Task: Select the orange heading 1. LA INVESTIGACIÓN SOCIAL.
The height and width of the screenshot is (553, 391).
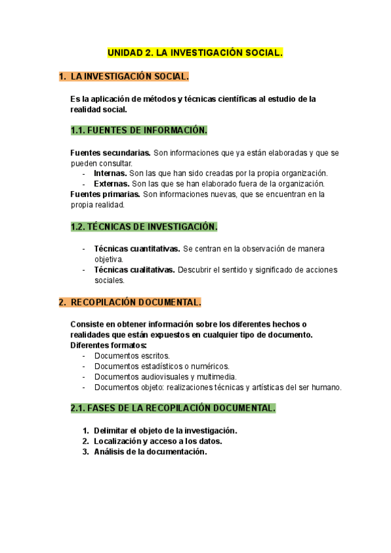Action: coord(124,77)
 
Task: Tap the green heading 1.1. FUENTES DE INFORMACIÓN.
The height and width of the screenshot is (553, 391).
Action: coord(138,130)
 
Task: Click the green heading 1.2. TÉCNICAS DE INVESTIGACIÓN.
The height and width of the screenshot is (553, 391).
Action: coord(143,227)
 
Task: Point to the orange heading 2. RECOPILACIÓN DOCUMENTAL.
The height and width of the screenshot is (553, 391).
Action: coord(130,302)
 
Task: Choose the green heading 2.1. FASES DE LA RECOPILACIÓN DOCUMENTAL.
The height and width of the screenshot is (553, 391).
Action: coord(173,408)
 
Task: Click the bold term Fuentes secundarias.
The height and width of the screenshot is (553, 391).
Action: coord(110,153)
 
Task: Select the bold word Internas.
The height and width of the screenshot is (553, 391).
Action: coord(110,173)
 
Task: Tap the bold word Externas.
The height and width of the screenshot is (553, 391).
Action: coord(111,184)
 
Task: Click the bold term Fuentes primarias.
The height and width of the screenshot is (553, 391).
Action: coord(105,194)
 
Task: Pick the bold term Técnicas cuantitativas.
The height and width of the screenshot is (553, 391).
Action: coord(138,249)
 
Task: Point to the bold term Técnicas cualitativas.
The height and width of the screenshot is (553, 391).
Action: coord(134,270)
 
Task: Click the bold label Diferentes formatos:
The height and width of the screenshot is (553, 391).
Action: coord(108,345)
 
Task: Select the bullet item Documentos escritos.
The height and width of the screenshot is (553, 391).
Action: coord(132,356)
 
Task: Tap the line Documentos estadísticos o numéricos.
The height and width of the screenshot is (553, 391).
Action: coord(162,366)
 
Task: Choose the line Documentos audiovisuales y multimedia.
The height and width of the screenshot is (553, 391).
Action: coord(166,377)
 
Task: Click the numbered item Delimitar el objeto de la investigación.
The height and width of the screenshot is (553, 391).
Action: coord(166,430)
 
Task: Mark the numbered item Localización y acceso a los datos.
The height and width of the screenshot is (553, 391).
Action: coord(158,441)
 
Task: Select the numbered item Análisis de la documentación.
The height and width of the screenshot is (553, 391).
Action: coord(150,451)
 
